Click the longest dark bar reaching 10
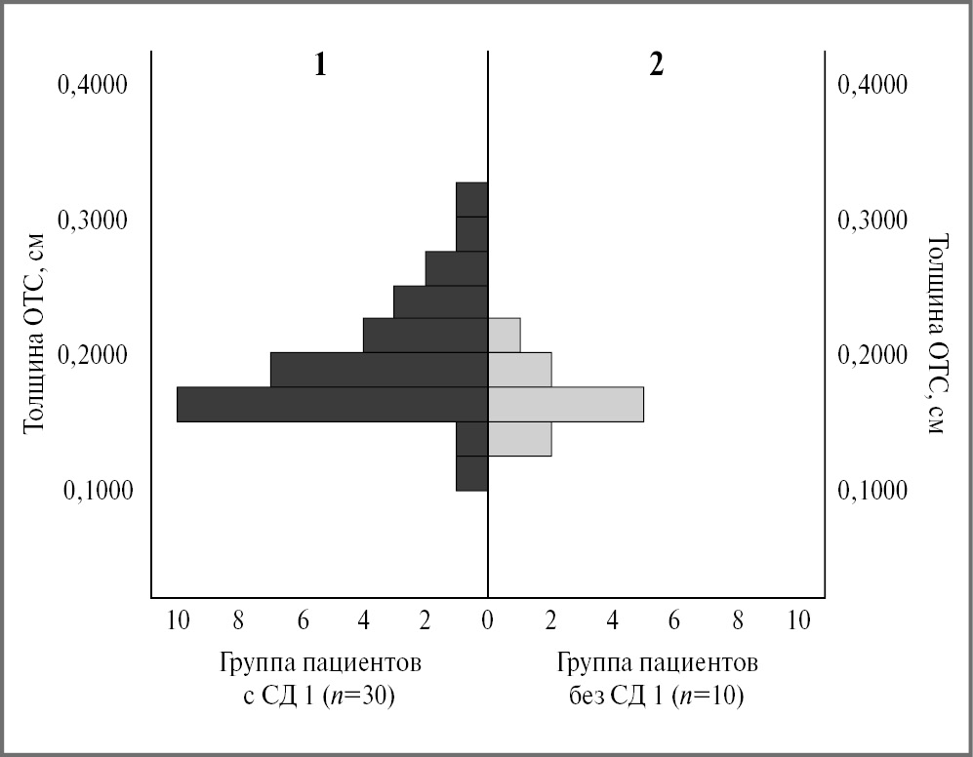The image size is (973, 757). (332, 404)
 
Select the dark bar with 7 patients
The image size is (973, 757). (379, 370)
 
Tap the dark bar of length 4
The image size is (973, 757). (425, 336)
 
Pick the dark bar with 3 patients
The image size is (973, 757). (440, 301)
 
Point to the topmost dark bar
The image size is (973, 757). (471, 199)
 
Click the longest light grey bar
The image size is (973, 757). (566, 404)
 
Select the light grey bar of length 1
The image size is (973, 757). (504, 336)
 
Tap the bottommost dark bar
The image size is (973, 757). (471, 473)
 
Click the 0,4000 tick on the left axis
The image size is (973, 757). (93, 85)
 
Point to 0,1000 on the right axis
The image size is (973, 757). (872, 490)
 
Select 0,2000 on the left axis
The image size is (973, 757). (93, 355)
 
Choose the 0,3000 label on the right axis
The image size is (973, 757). (872, 220)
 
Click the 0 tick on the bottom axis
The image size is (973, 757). (487, 621)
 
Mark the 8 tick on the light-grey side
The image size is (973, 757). (738, 621)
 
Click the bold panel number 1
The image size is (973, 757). (319, 65)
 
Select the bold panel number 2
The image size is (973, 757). (656, 65)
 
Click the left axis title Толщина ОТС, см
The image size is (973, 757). (36, 335)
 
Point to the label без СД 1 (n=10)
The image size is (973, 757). (656, 697)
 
